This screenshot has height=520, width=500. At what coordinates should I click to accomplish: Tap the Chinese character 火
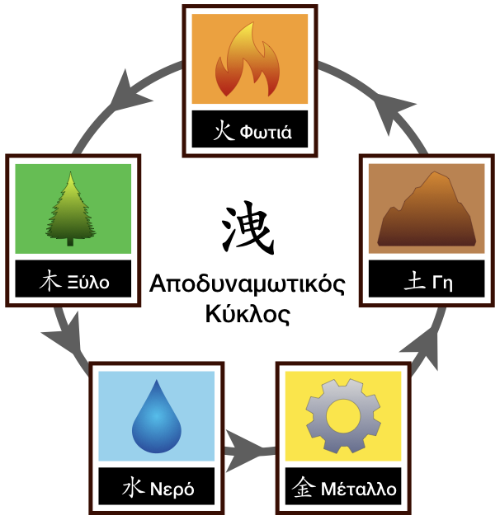(223, 131)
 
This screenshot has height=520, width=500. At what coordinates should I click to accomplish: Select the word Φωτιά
(265, 132)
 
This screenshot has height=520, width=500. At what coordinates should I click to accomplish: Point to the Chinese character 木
(50, 282)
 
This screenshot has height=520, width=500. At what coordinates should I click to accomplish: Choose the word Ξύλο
(88, 283)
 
